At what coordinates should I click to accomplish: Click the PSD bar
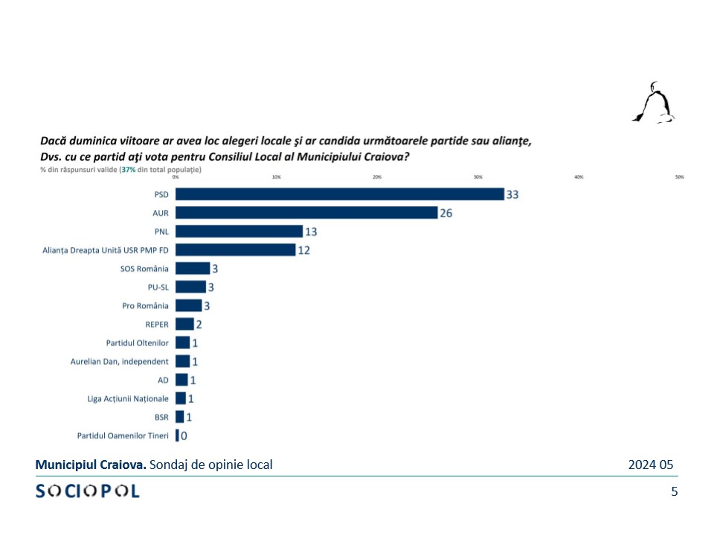339,194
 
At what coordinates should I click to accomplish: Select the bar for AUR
306,213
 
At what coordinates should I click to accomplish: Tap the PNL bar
239,232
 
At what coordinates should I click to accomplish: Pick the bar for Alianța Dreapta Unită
235,250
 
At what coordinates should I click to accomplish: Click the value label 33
512,194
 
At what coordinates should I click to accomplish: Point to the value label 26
446,213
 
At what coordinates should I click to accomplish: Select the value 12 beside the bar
303,250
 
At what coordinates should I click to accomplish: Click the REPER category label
157,325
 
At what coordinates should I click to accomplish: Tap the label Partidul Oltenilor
138,343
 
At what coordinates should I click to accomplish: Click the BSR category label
161,417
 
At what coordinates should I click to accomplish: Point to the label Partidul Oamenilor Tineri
123,435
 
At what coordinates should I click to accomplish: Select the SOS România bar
193,269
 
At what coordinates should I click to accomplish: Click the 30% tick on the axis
477,177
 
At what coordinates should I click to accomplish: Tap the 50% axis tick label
679,177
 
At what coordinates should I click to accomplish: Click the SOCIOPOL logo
88,491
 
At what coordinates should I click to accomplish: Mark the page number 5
674,491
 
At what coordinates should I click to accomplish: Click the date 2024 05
650,465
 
